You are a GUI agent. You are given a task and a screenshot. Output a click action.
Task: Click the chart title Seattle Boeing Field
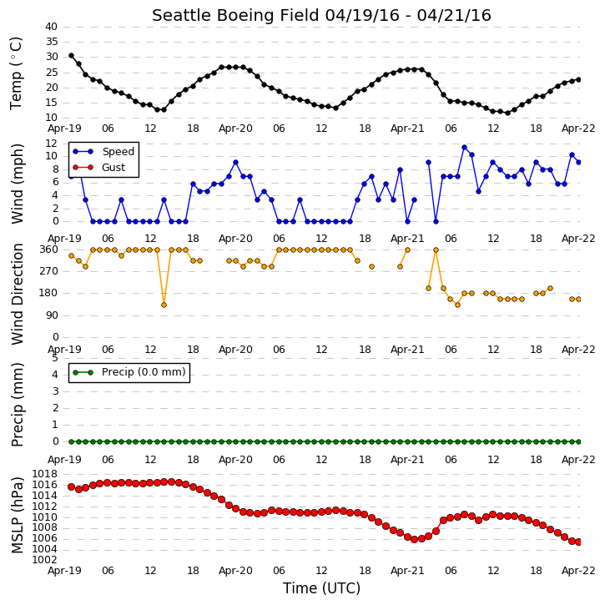click(235, 15)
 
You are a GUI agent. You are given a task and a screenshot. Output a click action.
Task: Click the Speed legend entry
click(103, 152)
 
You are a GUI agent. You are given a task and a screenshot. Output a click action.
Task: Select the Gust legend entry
click(98, 168)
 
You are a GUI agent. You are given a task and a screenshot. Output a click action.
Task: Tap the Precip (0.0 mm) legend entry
click(129, 372)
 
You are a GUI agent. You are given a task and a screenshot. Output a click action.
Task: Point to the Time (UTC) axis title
click(321, 588)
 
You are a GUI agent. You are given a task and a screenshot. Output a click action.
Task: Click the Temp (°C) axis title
click(16, 73)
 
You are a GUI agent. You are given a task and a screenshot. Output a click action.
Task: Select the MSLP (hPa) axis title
click(17, 516)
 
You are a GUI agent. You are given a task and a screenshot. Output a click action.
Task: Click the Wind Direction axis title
click(17, 294)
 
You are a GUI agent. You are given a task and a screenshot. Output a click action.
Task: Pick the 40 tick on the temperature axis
click(51, 27)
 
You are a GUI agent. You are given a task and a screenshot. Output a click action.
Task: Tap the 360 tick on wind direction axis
click(49, 250)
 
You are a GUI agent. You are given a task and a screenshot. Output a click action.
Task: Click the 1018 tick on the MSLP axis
click(45, 474)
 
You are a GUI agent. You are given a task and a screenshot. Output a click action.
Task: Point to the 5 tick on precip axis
click(55, 358)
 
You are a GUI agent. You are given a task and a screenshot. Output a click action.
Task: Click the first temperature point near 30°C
click(72, 56)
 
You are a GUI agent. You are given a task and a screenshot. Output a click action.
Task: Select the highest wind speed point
click(464, 148)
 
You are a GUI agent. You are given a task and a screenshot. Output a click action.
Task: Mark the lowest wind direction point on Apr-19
click(164, 305)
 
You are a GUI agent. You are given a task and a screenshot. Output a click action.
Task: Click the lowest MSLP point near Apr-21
click(414, 539)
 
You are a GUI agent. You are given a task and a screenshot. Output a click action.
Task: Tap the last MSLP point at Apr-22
click(578, 542)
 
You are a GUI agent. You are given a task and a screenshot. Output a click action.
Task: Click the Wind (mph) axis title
click(17, 184)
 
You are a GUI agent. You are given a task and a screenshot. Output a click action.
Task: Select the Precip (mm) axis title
click(17, 405)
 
